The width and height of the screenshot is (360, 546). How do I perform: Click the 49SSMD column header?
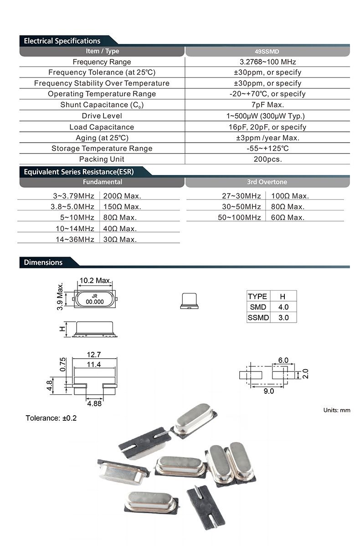tap(267, 52)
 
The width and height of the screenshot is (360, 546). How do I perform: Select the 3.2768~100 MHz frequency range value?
tap(267, 62)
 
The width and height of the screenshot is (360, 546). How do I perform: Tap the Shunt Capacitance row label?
tap(102, 105)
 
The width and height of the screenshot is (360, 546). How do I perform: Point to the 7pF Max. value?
tap(267, 105)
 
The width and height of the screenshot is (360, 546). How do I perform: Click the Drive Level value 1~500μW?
tap(267, 116)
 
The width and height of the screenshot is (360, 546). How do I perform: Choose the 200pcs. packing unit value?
tap(267, 159)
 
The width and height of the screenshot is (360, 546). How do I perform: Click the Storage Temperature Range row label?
tap(102, 148)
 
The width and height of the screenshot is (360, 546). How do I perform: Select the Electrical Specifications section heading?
tap(62, 41)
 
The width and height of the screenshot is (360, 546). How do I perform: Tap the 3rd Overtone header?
tap(267, 182)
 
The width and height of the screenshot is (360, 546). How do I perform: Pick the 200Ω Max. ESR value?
tap(122, 196)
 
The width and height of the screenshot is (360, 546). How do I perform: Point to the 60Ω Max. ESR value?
tap(287, 217)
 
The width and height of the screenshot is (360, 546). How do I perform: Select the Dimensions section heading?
tap(43, 263)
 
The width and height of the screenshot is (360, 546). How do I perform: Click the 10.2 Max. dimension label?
tap(96, 280)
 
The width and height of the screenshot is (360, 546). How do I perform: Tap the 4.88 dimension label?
tap(94, 403)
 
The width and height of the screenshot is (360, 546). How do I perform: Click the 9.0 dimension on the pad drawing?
tap(269, 391)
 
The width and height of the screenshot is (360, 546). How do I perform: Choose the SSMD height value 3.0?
tap(283, 318)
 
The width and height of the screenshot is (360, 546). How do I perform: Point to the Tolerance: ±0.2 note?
tap(51, 418)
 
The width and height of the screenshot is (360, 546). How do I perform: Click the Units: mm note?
tap(337, 410)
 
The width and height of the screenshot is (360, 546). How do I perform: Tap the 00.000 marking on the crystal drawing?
tap(95, 302)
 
